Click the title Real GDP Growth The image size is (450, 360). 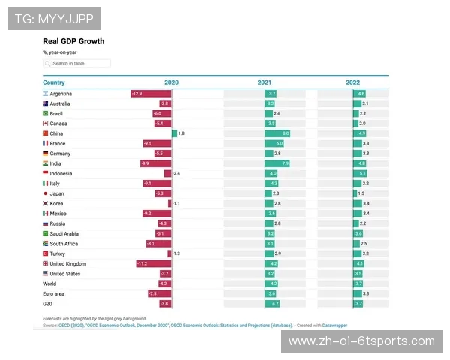tap(73, 41)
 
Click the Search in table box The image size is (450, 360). tap(76, 64)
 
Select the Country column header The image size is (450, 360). tap(54, 82)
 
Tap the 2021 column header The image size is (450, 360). tap(265, 82)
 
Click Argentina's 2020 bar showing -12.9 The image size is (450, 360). tap(151, 93)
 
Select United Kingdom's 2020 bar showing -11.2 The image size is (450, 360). tap(154, 263)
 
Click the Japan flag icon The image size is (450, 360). tap(46, 193)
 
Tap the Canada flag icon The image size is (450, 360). tap(46, 123)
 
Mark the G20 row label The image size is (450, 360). tap(48, 303)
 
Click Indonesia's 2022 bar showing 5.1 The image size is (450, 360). tap(361, 173)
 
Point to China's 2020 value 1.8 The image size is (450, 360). tap(181, 133)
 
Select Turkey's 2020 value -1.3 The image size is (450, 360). tap(176, 253)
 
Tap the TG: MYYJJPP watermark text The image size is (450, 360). tap(53, 18)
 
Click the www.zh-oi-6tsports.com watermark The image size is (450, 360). tap(361, 341)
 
